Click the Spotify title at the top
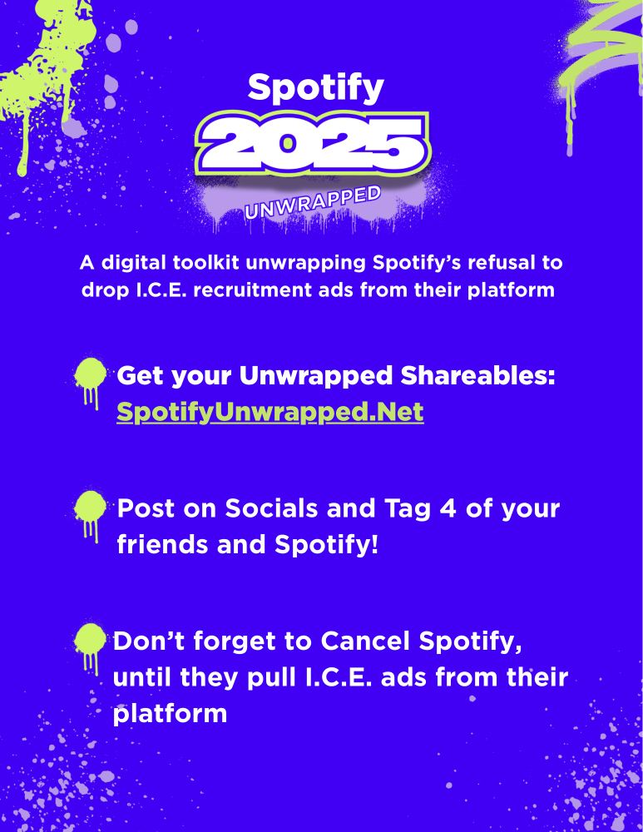[315, 86]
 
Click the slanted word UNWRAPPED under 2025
[313, 202]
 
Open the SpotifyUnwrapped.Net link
[270, 412]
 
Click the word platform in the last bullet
[170, 714]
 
